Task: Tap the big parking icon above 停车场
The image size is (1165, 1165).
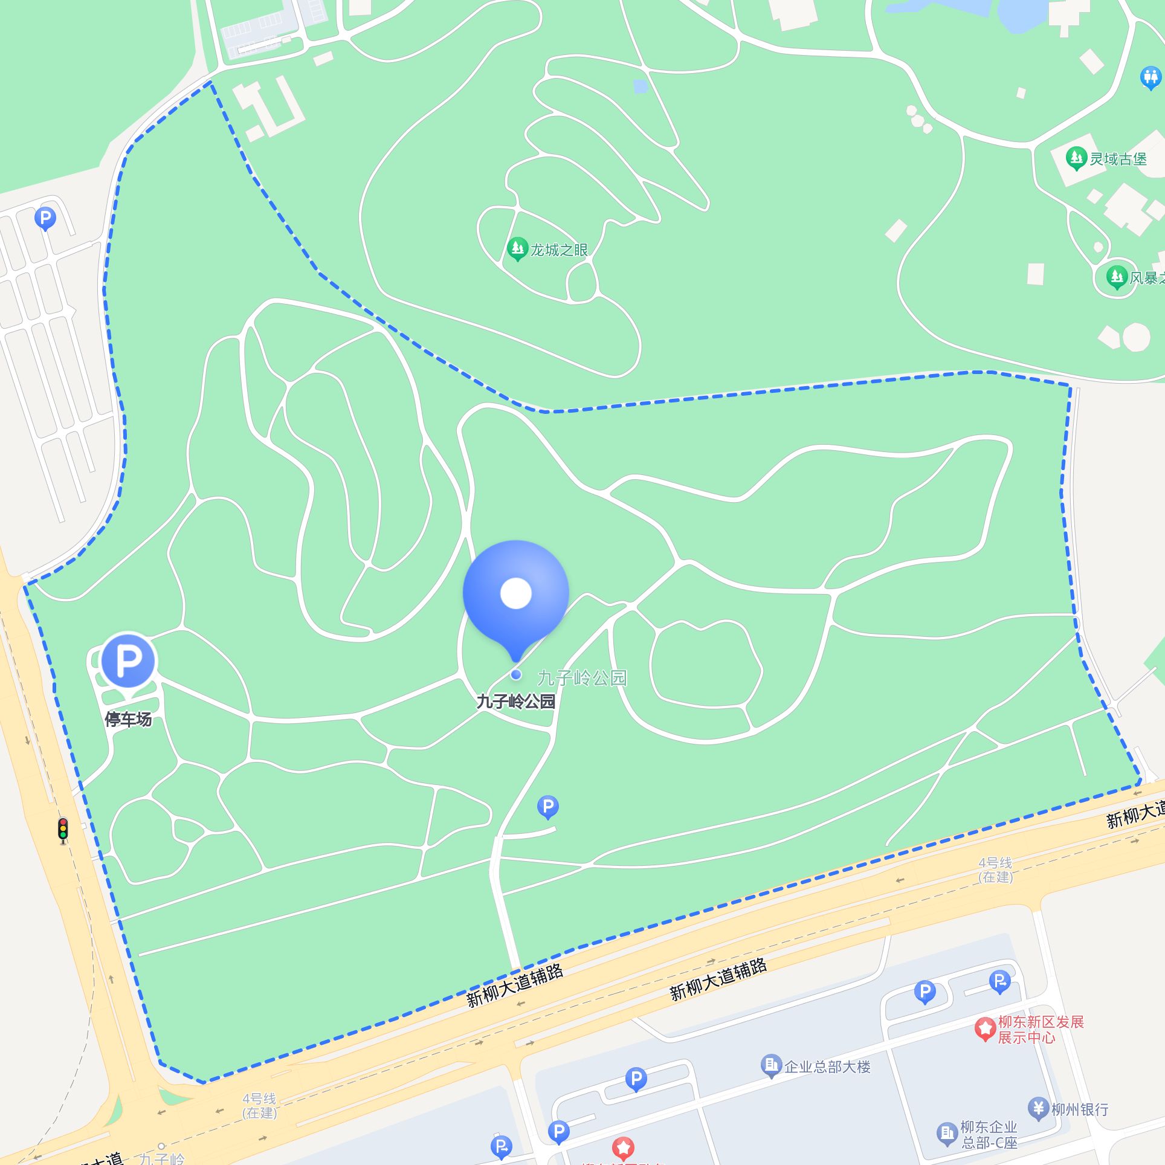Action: (x=128, y=661)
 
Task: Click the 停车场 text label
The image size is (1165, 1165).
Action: (x=128, y=719)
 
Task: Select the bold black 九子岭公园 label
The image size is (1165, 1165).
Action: (x=515, y=701)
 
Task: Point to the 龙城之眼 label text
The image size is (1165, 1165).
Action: (x=559, y=250)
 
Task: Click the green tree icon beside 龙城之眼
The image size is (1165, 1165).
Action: (x=517, y=248)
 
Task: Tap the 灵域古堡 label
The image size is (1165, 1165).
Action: (x=1118, y=159)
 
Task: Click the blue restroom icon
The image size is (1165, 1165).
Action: (x=1150, y=78)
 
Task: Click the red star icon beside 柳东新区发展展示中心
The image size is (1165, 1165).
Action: (x=985, y=1028)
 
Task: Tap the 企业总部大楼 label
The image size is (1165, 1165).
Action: (x=827, y=1067)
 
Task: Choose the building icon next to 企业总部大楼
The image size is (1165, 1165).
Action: (x=771, y=1065)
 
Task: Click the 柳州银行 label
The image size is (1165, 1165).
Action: (x=1080, y=1109)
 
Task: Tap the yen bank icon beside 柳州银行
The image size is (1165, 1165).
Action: (x=1038, y=1108)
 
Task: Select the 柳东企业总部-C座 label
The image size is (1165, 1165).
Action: (x=989, y=1135)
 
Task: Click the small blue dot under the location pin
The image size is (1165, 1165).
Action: (x=515, y=674)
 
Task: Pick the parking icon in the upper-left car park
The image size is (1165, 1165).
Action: (x=45, y=218)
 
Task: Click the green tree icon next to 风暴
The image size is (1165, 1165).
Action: (x=1117, y=277)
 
